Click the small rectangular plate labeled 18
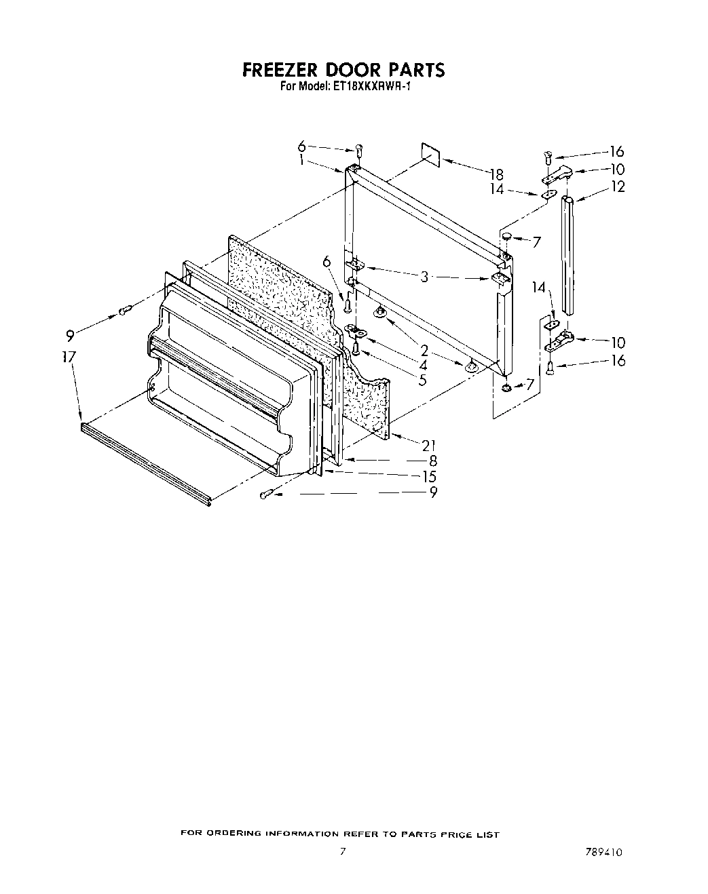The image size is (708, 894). click(430, 154)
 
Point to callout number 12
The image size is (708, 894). click(618, 187)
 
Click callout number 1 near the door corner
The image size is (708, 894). click(301, 161)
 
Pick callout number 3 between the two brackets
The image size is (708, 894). click(424, 277)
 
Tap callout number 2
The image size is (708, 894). click(424, 351)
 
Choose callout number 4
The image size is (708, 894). click(423, 366)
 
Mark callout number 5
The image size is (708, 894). click(423, 380)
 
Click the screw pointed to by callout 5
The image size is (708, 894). click(356, 348)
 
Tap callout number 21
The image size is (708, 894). click(428, 446)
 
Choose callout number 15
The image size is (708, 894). click(429, 477)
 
